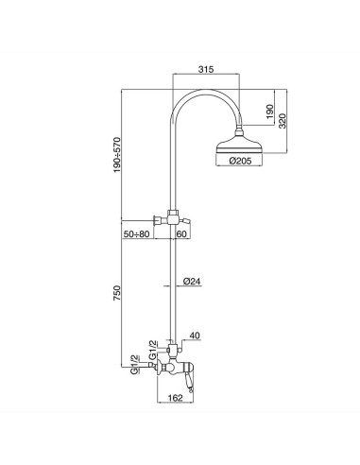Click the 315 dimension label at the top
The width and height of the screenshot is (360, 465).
coord(206,69)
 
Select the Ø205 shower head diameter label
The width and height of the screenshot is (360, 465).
coord(241,162)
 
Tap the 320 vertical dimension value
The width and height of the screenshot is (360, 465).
coord(283,121)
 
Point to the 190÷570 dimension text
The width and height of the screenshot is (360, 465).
coord(117,155)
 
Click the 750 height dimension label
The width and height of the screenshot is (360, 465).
coord(117,293)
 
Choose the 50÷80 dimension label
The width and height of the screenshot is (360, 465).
coord(136,234)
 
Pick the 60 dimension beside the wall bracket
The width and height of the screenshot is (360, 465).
coord(181,234)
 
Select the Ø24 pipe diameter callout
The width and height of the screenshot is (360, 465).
coord(192,282)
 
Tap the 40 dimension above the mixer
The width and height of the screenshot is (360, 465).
coord(195,336)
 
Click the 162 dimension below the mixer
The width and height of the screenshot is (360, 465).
coord(175,398)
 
